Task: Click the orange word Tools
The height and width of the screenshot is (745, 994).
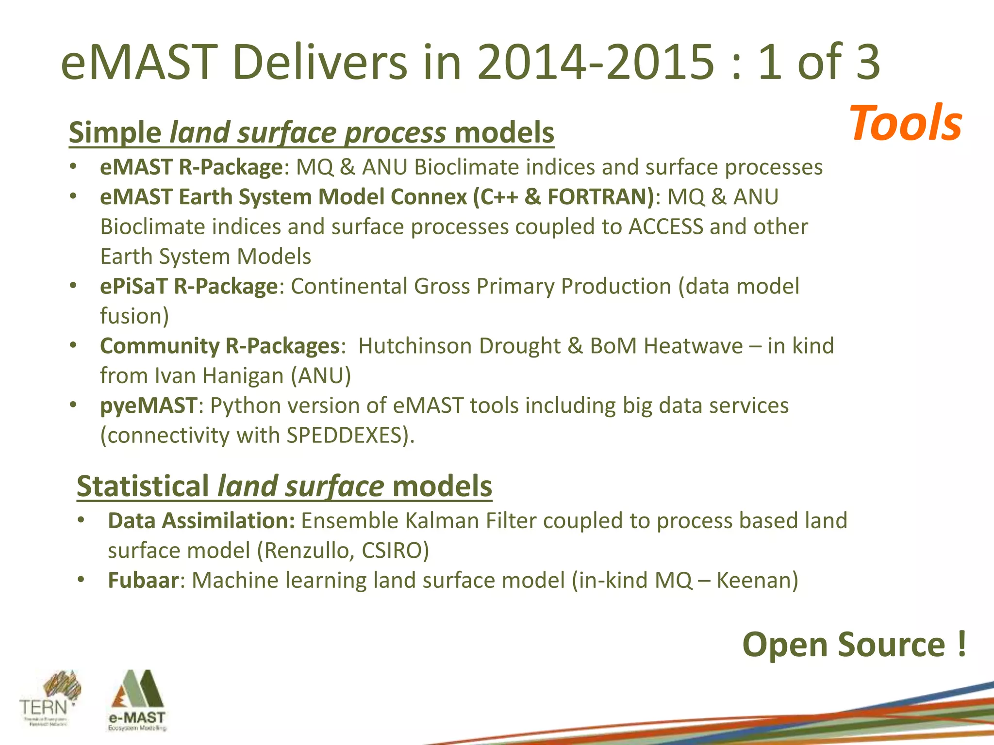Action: tap(906, 124)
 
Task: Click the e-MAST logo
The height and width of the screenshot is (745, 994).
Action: tap(136, 700)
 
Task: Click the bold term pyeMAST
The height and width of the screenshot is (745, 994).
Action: tap(149, 405)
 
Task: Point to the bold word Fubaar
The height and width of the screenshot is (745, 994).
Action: tap(143, 580)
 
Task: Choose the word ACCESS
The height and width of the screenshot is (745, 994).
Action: tap(665, 227)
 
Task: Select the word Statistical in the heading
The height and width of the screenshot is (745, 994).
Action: tap(143, 486)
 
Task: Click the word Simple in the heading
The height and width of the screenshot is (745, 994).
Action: tap(115, 132)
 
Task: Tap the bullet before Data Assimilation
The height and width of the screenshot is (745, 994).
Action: tap(81, 520)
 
